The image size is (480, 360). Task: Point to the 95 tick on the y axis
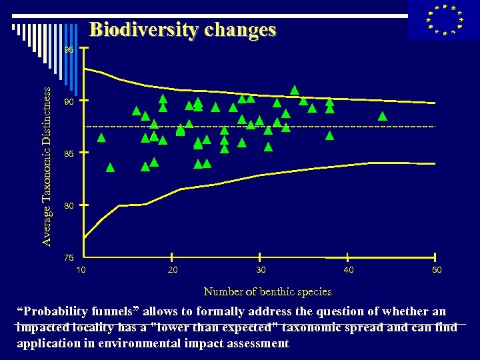tap(69, 50)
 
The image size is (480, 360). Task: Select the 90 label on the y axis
tap(69, 102)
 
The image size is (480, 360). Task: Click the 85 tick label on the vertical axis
tap(69, 154)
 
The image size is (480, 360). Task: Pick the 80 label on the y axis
tap(69, 206)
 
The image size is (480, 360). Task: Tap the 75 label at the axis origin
tap(69, 257)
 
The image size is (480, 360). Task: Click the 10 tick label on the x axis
tap(81, 269)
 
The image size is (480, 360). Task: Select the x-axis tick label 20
tap(173, 269)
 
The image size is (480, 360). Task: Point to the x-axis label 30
tap(261, 269)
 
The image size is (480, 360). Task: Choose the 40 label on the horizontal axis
tap(349, 269)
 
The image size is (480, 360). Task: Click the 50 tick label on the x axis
tap(436, 269)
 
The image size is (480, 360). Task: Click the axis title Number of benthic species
tap(267, 291)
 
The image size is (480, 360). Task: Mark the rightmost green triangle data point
tap(383, 116)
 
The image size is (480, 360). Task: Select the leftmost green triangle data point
tap(101, 139)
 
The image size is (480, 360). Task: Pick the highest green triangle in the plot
tap(294, 90)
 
